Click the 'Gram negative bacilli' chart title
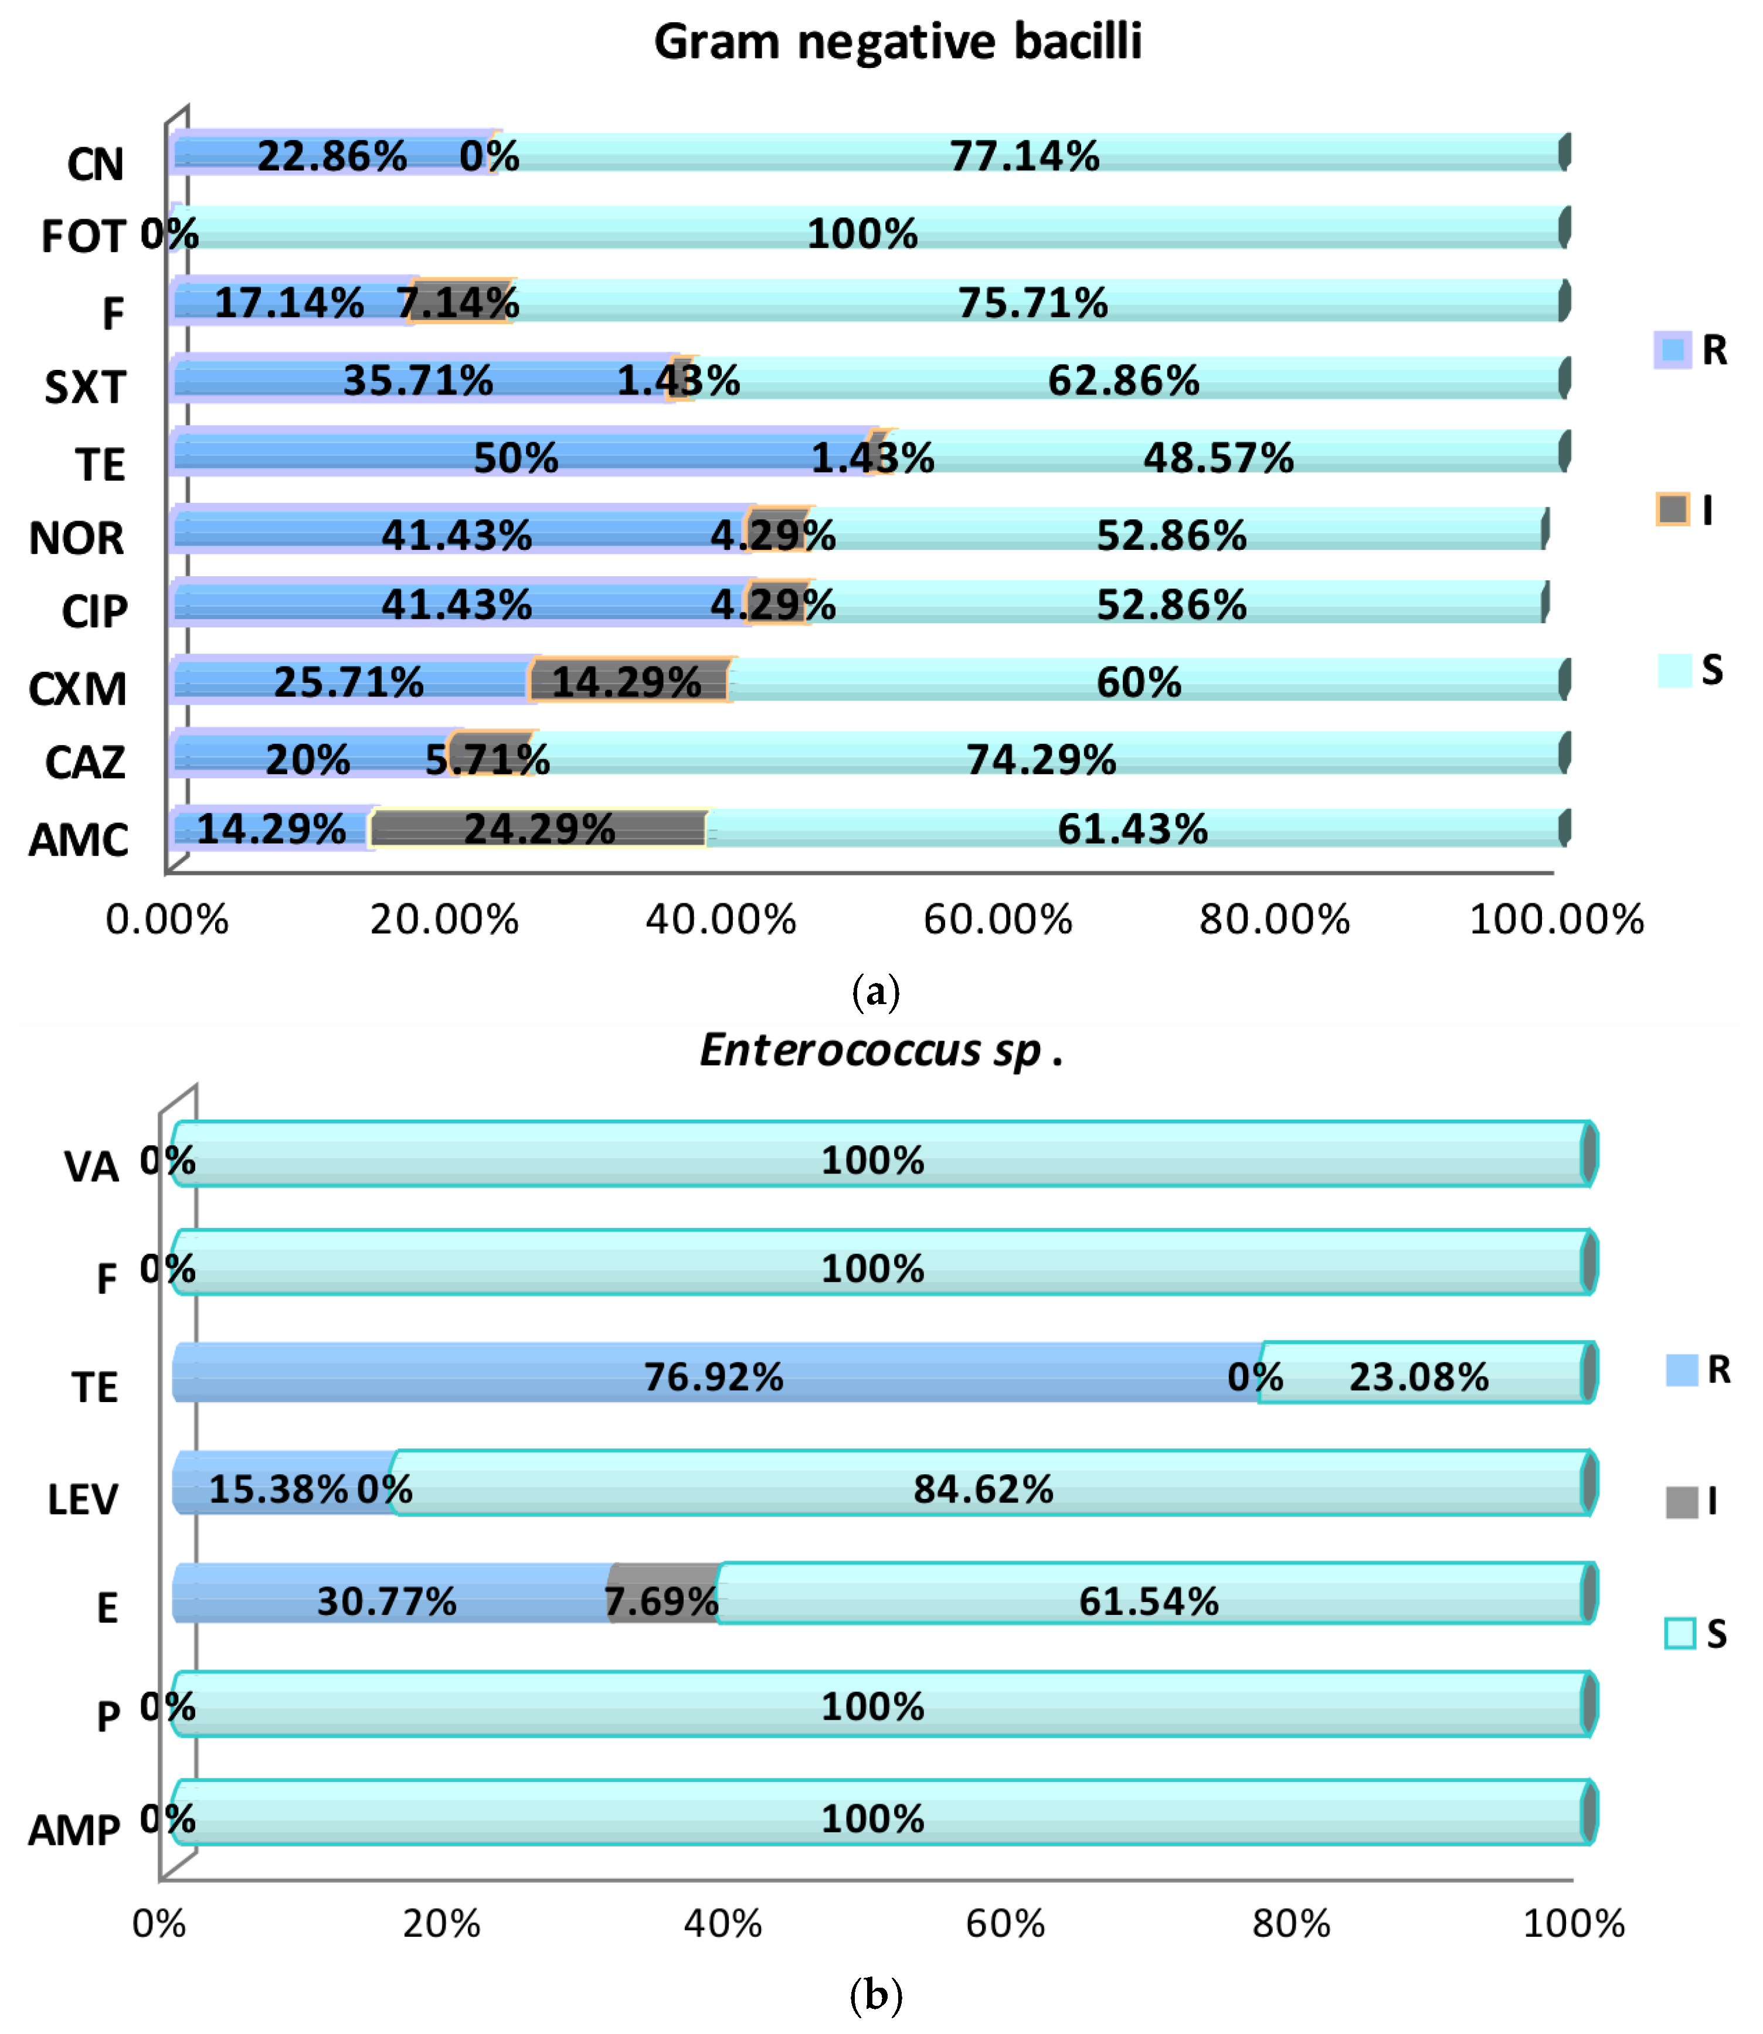tap(897, 42)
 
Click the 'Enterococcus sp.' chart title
tap(881, 1050)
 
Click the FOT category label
tap(84, 237)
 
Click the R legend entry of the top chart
tap(1692, 350)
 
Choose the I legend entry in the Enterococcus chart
tap(1692, 1502)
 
